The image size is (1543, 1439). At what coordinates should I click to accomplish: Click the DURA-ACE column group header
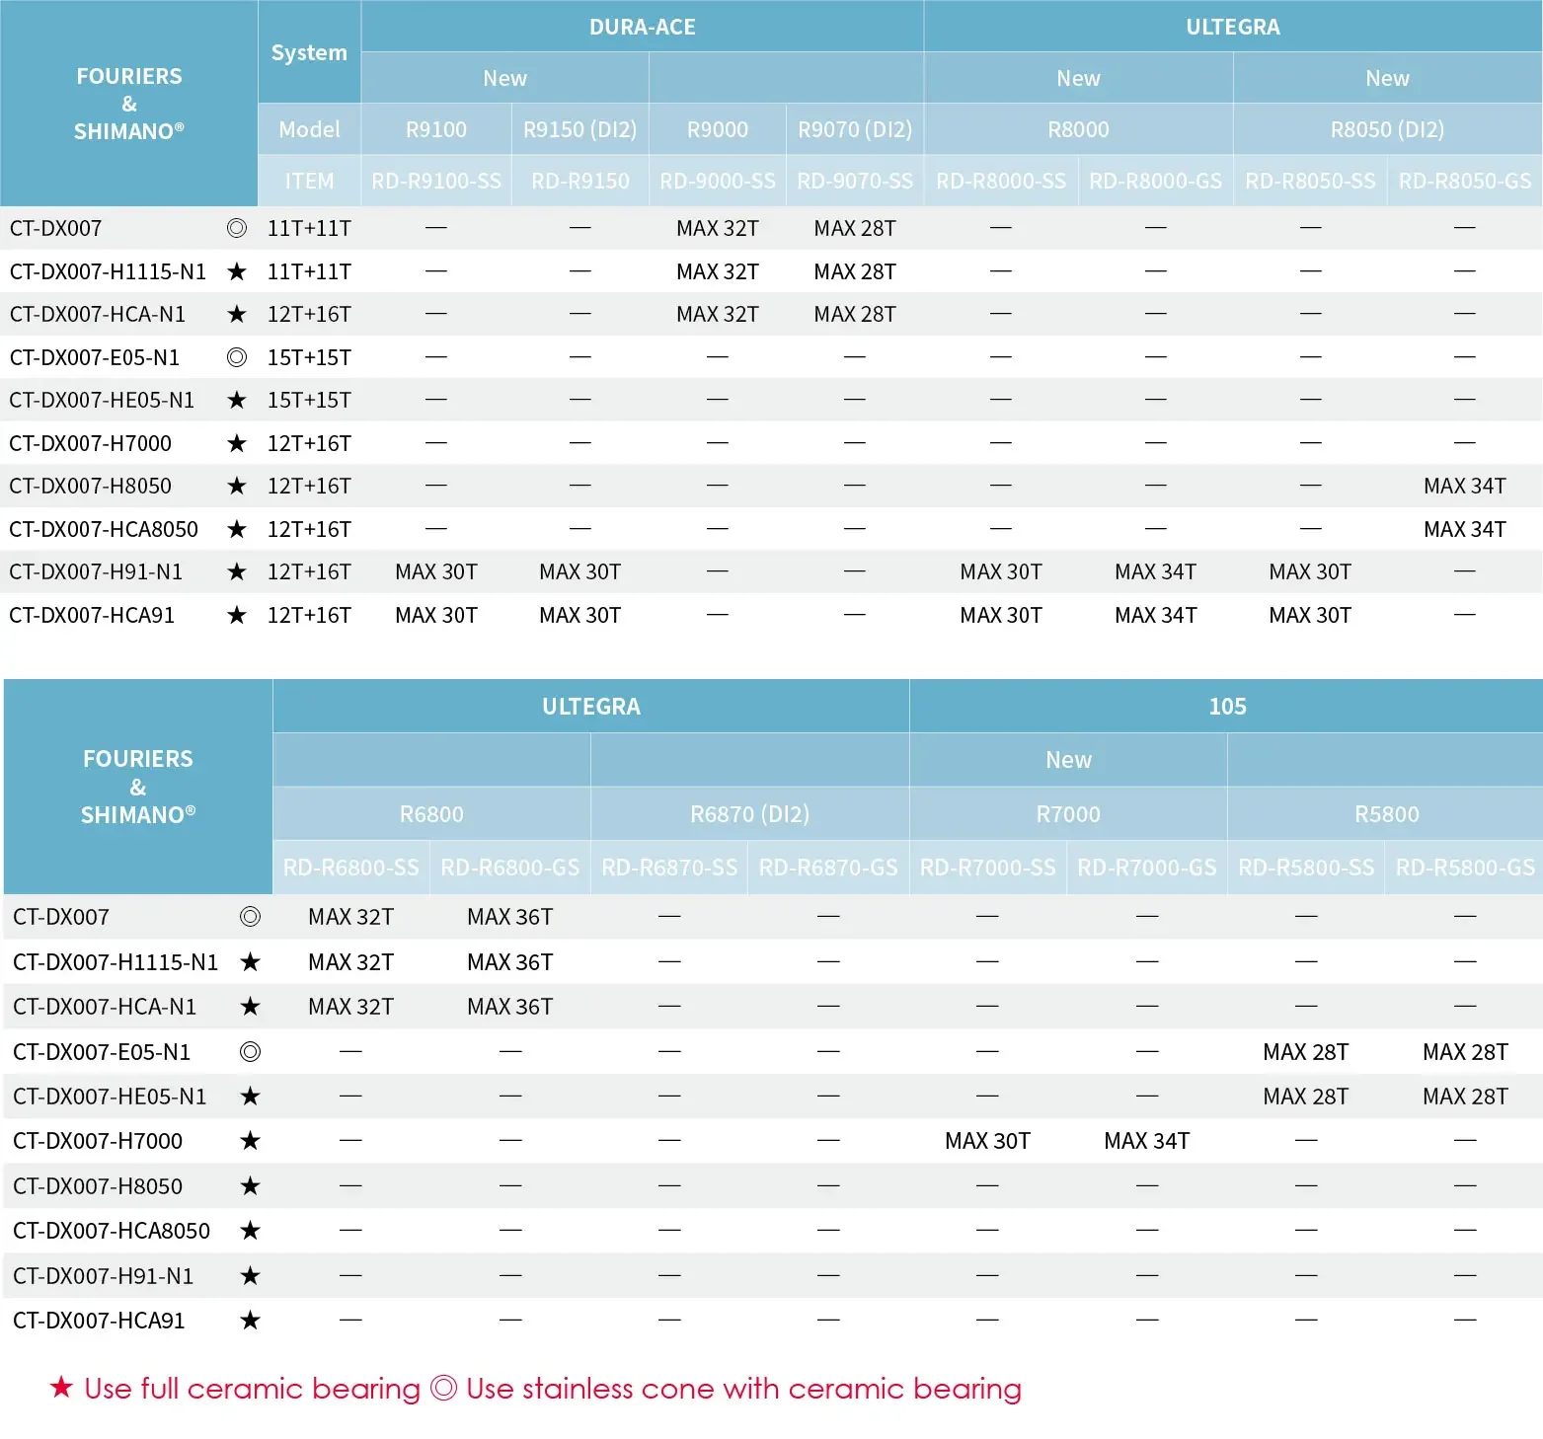642,27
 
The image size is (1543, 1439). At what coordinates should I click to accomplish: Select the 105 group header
1227,707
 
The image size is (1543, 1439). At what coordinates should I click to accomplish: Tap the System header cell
309,52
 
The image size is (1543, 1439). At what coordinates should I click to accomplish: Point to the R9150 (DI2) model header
579,129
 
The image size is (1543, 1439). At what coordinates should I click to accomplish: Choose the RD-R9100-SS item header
436,182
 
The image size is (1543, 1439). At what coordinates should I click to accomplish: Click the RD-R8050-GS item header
1465,182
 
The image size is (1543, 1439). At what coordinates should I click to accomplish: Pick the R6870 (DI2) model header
749,814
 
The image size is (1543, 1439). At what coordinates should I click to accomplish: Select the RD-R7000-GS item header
1147,868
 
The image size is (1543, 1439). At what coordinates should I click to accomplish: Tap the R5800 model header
1386,814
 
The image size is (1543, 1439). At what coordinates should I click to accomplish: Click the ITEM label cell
309,182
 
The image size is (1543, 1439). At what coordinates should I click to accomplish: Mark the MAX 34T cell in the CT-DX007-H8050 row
1465,486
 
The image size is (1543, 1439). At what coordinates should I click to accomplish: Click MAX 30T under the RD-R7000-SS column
987,1141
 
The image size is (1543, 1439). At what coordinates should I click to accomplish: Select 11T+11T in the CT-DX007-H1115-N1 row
309,271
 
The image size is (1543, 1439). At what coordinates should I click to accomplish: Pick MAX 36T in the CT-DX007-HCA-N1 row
510,1007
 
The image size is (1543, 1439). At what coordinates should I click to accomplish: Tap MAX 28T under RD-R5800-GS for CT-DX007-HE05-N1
1465,1097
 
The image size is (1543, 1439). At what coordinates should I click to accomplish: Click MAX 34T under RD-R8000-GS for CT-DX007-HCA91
1155,615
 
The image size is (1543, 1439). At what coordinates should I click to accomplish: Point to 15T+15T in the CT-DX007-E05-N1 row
309,357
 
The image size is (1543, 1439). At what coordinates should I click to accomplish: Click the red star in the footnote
61,1388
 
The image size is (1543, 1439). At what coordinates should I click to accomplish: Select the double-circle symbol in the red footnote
444,1389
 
